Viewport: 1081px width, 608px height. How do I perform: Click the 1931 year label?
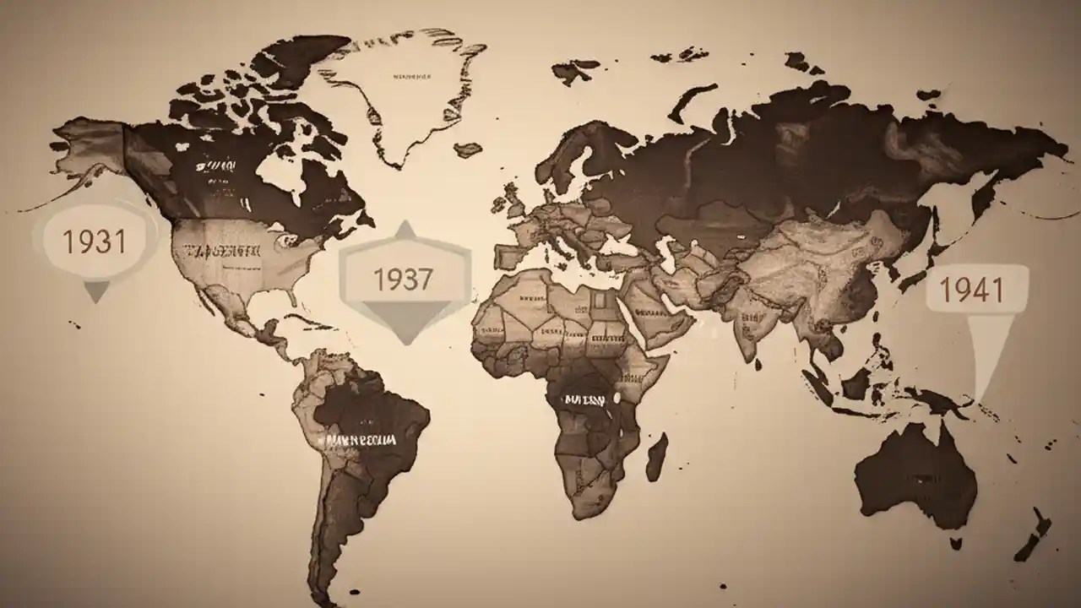pyautogui.click(x=95, y=242)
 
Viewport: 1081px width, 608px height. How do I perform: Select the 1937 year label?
pyautogui.click(x=403, y=279)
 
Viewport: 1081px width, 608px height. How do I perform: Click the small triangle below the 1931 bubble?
pyautogui.click(x=95, y=291)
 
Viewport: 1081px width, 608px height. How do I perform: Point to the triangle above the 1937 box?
pyautogui.click(x=405, y=230)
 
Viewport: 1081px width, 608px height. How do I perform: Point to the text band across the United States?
pyautogui.click(x=221, y=250)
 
